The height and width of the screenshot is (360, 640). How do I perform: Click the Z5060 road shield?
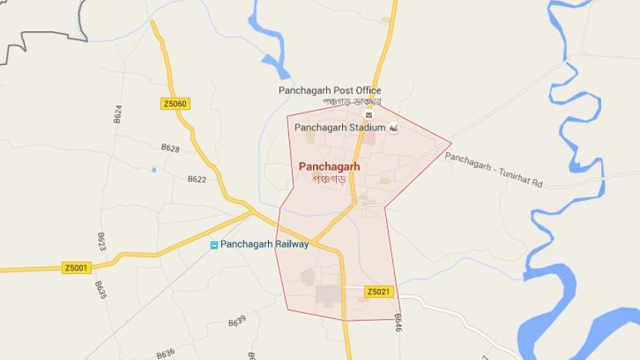175,104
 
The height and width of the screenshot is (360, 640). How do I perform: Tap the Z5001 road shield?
77,267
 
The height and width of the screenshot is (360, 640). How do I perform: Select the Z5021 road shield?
379,291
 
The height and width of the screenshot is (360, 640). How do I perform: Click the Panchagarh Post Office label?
329,90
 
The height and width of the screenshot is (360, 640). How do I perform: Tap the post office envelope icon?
368,114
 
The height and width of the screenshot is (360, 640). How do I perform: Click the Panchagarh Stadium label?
340,128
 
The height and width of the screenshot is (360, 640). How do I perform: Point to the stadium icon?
394,128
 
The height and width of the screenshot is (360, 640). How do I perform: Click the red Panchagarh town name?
329,167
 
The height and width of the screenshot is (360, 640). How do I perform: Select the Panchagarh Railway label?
264,244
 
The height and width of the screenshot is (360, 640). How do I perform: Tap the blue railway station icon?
214,245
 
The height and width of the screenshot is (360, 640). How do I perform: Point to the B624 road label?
118,114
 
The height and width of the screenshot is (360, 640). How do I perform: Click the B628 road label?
170,149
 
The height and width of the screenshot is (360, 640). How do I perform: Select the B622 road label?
196,179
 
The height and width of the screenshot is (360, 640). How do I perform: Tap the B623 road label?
102,241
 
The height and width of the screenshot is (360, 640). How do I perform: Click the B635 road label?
101,290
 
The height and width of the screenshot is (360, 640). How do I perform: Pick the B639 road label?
237,322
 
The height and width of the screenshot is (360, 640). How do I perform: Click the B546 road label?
398,322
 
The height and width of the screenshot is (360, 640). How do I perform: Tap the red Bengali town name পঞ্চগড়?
329,179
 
